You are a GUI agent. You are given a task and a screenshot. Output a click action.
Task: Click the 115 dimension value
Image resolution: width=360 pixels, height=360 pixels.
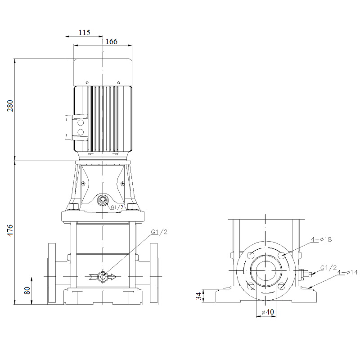point(84,32)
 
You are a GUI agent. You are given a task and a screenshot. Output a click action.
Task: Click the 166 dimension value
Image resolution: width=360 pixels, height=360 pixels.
point(111,42)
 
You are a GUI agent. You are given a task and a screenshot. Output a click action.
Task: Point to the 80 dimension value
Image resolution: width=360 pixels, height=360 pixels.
point(27,291)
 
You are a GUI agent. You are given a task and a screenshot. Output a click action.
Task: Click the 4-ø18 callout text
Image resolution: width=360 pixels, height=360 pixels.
point(321,240)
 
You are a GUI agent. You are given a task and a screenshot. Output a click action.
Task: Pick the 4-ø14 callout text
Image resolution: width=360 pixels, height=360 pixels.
point(347,272)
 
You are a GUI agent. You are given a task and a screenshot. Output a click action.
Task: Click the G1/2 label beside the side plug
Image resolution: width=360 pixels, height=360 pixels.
point(328,268)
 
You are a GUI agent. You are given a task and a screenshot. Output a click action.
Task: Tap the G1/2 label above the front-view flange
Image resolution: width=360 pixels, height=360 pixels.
point(159,232)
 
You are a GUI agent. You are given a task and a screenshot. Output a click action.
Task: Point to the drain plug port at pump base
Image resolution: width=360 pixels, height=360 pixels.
point(103,276)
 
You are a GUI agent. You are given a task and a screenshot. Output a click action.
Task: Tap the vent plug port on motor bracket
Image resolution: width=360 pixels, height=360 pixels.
point(103,199)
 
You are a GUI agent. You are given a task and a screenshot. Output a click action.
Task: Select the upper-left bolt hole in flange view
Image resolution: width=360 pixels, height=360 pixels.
point(251,255)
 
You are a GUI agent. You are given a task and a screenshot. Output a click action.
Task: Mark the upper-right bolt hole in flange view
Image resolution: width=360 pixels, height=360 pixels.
point(282,255)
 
